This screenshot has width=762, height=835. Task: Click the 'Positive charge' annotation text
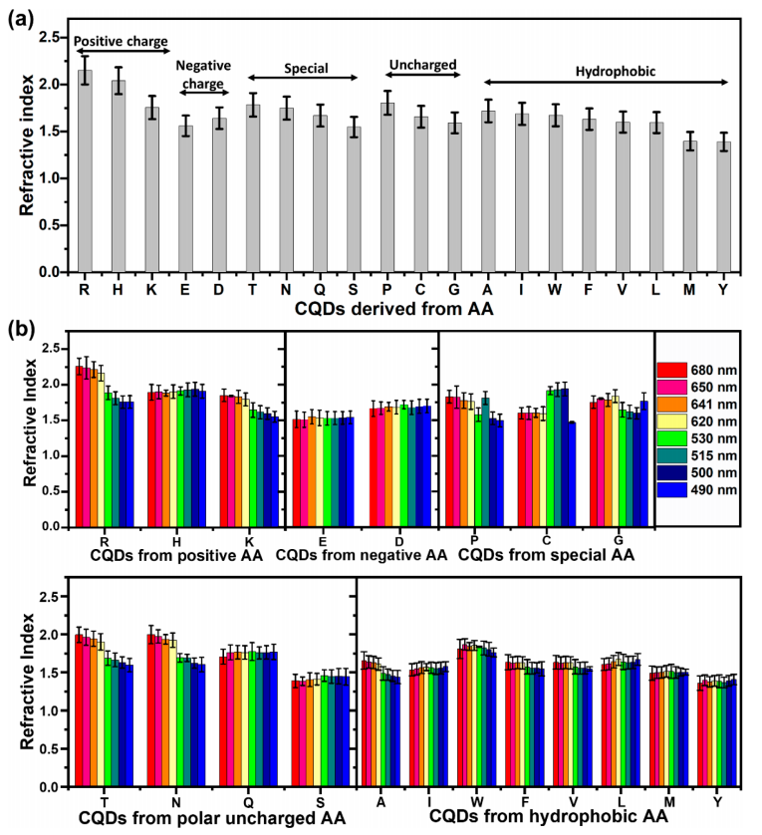click(121, 40)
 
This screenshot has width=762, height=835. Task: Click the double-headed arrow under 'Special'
click(302, 78)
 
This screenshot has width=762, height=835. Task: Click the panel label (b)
click(21, 326)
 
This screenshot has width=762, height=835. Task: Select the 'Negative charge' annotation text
click(203, 73)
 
